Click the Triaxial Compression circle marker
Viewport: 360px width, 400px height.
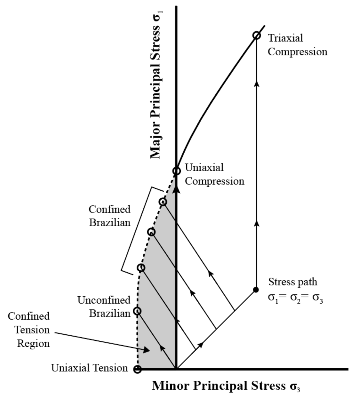[256, 35]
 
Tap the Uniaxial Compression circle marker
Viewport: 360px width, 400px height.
[177, 171]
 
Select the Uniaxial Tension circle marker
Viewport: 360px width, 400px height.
[138, 369]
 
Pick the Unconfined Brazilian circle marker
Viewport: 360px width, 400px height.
[137, 311]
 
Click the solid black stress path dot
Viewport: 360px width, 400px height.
[256, 290]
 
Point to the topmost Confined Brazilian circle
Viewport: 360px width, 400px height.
[163, 202]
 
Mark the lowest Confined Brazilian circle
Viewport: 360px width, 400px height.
[141, 268]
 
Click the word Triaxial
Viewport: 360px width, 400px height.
[285, 38]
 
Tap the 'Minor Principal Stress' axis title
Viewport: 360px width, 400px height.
[226, 386]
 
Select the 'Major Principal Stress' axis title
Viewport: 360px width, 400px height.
[155, 91]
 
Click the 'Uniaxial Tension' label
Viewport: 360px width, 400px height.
[89, 368]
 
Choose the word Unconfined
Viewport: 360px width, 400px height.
[104, 300]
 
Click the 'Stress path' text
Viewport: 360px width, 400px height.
[293, 282]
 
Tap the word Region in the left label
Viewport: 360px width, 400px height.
[33, 344]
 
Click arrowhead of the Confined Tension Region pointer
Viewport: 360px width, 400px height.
[147, 350]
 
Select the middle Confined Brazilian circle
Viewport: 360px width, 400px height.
[151, 232]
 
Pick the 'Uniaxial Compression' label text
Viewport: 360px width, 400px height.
[214, 174]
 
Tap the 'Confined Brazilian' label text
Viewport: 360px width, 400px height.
[109, 216]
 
